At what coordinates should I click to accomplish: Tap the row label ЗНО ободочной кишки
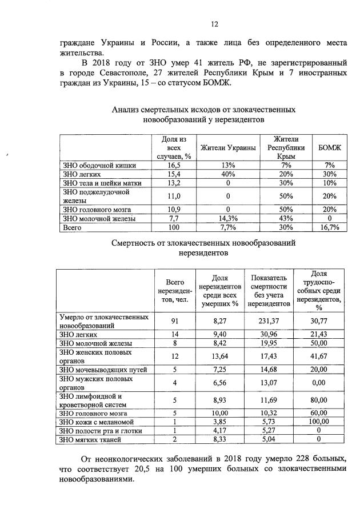(x=99, y=166)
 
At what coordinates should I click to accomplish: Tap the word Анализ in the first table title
(x=126, y=109)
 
